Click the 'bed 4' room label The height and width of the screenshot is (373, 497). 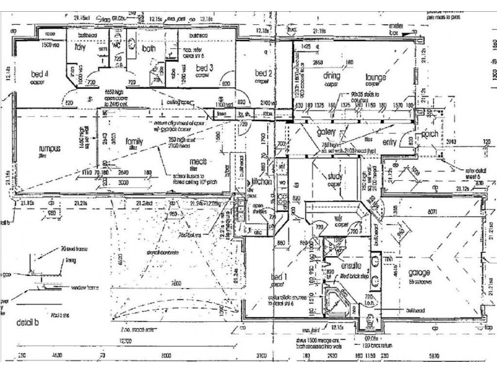[39, 73]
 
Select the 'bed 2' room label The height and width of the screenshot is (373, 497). [264, 73]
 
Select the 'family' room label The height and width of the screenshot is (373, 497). [134, 141]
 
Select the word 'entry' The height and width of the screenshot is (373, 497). [390, 143]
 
